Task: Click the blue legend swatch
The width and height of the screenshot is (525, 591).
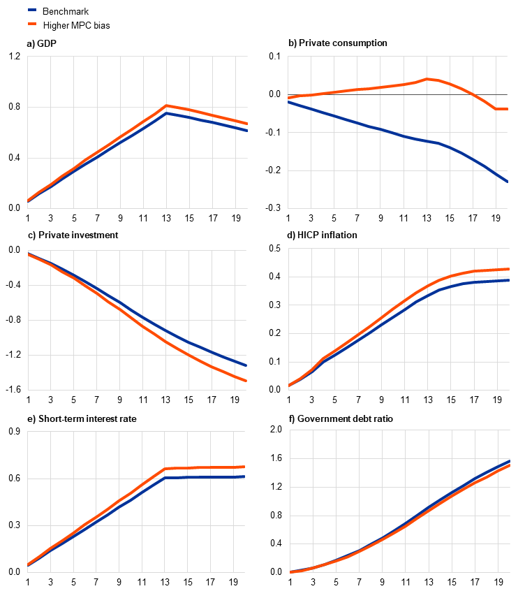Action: click(32, 10)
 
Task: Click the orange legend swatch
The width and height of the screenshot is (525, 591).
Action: click(32, 24)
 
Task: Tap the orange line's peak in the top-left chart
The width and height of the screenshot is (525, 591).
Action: click(166, 105)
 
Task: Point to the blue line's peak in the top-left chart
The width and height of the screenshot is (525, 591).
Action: click(166, 112)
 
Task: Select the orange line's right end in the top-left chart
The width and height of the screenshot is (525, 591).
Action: click(247, 124)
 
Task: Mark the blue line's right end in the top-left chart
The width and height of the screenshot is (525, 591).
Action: click(247, 131)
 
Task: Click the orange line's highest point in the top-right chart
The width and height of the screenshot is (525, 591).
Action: click(427, 79)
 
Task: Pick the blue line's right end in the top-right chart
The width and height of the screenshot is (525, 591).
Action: click(507, 181)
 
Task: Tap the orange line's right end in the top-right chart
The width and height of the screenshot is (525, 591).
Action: click(507, 109)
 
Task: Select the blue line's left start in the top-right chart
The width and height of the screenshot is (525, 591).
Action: click(288, 101)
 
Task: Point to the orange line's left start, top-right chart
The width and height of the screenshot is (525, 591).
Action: click(288, 97)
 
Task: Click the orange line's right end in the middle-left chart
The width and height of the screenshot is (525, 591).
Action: click(246, 381)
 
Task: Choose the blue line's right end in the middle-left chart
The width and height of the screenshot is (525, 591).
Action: click(246, 365)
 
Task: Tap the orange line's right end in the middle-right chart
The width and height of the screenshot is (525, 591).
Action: click(508, 269)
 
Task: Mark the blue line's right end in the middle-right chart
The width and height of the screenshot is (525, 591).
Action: click(508, 280)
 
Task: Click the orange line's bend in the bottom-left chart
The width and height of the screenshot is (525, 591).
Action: click(166, 468)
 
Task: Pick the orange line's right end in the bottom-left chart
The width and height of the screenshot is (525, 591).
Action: click(244, 467)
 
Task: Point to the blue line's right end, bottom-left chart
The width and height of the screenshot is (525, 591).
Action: click(244, 477)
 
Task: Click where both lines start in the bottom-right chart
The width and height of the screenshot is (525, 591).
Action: click(290, 572)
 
